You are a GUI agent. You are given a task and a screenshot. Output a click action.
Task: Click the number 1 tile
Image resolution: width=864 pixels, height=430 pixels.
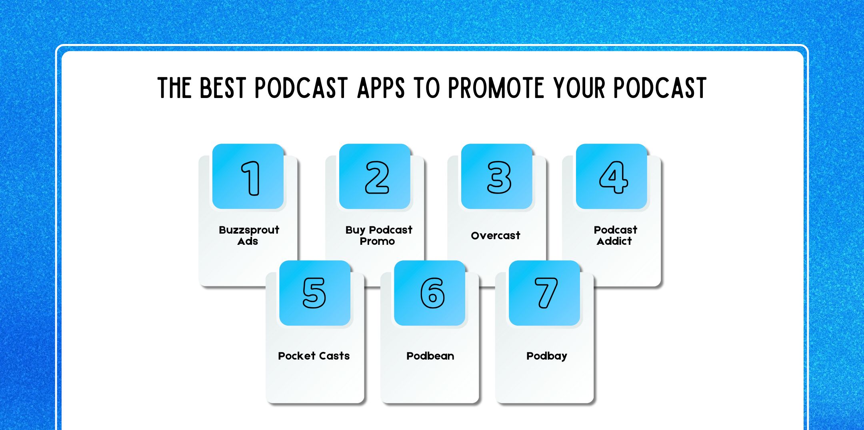point(248,176)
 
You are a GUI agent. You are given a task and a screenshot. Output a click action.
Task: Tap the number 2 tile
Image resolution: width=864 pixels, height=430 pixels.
point(375,176)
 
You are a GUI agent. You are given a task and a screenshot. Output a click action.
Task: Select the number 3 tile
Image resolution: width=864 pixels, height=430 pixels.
point(497,176)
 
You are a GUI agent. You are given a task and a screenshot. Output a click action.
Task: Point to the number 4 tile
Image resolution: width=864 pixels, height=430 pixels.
point(612,176)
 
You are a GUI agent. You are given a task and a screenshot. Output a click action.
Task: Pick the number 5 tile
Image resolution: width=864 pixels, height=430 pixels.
point(315,293)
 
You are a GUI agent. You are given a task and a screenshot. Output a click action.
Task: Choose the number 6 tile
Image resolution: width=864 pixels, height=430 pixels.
point(430,293)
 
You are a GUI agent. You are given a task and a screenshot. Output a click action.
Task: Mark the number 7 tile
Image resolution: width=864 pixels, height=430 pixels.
point(544,293)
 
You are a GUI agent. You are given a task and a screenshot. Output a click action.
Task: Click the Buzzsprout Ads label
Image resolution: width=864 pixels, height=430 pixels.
point(249,236)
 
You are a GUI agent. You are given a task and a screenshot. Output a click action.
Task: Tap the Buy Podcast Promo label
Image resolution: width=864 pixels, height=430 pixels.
point(378,236)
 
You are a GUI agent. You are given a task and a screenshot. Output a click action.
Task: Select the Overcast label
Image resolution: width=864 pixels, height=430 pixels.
point(496,236)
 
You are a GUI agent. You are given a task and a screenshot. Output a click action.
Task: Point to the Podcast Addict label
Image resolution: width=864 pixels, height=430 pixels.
point(615,236)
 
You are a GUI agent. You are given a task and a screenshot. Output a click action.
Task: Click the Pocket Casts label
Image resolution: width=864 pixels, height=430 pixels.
point(314,356)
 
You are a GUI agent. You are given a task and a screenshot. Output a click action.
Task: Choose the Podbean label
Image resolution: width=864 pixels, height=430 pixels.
point(430,356)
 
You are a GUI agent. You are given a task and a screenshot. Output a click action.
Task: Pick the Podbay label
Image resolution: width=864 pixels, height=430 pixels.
point(546,356)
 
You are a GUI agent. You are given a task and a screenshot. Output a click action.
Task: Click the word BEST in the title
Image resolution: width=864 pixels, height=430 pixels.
point(222,88)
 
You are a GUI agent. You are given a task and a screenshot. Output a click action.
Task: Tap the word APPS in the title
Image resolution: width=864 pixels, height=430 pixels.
point(381,88)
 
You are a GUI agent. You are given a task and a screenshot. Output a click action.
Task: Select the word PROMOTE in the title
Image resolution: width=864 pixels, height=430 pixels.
point(496,88)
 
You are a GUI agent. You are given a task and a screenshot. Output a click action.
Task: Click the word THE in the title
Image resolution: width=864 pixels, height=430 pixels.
point(174,88)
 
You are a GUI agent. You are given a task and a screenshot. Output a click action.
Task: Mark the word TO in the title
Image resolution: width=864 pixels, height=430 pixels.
point(427,88)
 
